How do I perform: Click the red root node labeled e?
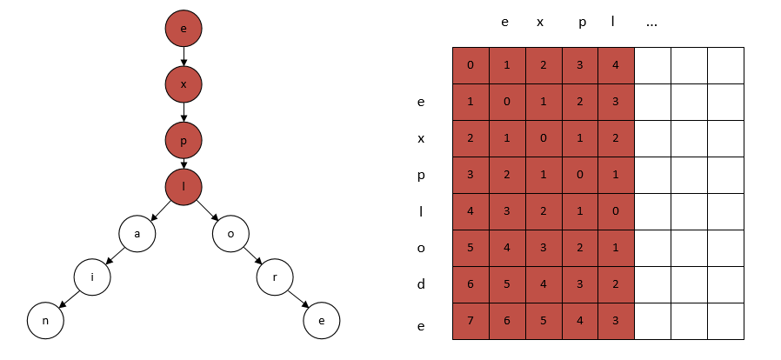(184, 29)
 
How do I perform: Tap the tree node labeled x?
(184, 84)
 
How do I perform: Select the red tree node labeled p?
(184, 140)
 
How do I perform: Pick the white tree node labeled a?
(137, 234)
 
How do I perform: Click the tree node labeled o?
(230, 234)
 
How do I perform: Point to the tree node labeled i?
(92, 277)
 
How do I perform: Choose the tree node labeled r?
(275, 277)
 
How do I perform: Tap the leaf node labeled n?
(45, 320)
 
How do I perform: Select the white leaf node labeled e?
(322, 320)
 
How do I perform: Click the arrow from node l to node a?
(160, 210)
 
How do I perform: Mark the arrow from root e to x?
(184, 57)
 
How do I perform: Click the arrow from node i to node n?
(70, 299)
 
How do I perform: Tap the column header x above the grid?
(540, 23)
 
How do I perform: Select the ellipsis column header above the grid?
(651, 23)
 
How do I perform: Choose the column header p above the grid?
(582, 23)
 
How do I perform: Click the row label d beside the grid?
(421, 283)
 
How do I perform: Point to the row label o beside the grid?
(421, 248)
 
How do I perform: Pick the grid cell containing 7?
(471, 321)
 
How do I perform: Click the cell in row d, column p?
(580, 285)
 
